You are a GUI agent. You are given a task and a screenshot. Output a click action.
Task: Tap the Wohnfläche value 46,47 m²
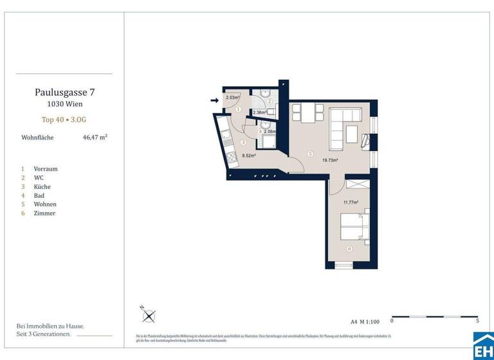(x=95, y=137)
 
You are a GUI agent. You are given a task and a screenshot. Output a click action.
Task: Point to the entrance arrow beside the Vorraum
(x=214, y=100)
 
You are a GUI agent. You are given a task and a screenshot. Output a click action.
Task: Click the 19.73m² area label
(x=330, y=161)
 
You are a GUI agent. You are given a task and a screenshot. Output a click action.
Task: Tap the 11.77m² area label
(x=351, y=202)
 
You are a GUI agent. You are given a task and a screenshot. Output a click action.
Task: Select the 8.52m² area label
(x=249, y=155)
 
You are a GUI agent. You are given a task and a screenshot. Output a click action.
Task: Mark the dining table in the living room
(x=306, y=114)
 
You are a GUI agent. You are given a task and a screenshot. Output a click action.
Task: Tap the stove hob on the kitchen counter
(x=230, y=158)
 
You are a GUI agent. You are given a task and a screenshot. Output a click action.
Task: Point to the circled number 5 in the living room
(x=309, y=154)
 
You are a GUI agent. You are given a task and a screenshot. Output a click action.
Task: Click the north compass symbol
(x=149, y=316)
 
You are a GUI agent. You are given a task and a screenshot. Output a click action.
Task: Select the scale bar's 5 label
(x=477, y=320)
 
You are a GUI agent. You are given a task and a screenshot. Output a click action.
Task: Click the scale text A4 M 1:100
(x=365, y=320)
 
